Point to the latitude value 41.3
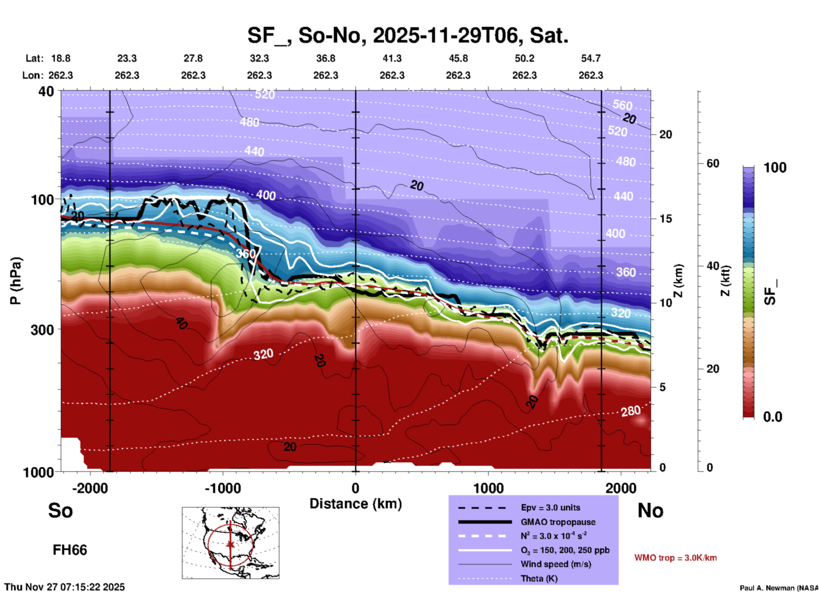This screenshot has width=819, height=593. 392,58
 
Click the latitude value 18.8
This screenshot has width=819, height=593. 61,58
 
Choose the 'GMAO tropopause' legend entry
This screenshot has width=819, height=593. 558,522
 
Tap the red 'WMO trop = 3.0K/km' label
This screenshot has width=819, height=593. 675,558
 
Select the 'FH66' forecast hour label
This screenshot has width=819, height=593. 70,550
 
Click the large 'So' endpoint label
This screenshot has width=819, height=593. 60,510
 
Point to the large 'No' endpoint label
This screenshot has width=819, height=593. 650,510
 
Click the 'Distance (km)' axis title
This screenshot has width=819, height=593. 355,504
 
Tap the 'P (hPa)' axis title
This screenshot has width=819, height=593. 16,280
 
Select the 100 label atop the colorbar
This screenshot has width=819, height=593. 775,168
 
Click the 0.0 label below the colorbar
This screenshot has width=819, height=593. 772,416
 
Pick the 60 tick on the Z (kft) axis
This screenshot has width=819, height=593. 713,163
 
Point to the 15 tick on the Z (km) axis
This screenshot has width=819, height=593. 665,219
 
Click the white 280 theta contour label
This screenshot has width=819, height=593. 630,411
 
